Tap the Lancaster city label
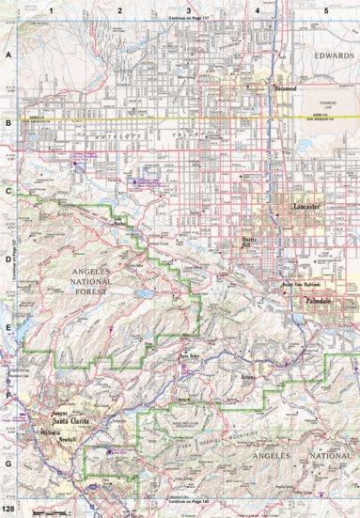pyautogui.click(x=307, y=205)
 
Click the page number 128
pyautogui.click(x=9, y=510)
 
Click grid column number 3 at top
pyautogui.click(x=188, y=9)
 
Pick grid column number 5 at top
pyautogui.click(x=326, y=9)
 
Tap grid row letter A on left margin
pyautogui.click(x=8, y=56)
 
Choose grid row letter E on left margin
pyautogui.click(x=8, y=329)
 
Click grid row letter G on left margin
pyautogui.click(x=8, y=463)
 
